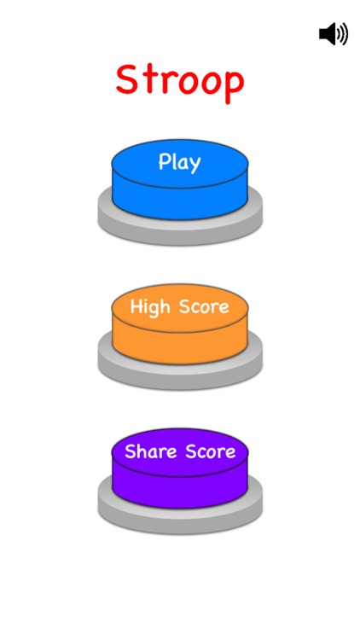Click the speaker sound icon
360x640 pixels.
[x=333, y=33]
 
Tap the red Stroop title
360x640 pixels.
[x=180, y=83]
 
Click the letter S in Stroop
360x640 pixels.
[x=126, y=79]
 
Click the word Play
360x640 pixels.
[x=180, y=162]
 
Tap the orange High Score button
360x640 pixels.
[x=180, y=323]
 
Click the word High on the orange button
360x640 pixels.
[x=150, y=306]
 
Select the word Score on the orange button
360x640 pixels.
[x=204, y=306]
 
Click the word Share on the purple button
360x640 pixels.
[x=151, y=451]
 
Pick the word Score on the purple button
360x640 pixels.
[x=211, y=451]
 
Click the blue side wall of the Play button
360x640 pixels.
[x=180, y=203]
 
